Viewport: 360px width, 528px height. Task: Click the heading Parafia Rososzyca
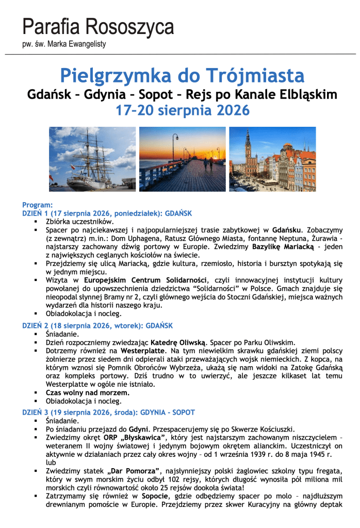[x=98, y=26]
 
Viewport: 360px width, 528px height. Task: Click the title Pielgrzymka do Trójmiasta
[x=182, y=75]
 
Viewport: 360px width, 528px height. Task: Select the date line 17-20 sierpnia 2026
[x=182, y=110]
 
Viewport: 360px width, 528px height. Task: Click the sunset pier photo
[x=183, y=159]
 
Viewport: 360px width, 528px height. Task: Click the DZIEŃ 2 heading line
[x=97, y=325]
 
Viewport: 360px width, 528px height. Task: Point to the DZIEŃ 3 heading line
[x=108, y=412]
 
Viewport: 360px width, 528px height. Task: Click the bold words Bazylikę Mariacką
[x=284, y=247]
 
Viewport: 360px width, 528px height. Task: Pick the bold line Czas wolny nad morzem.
[x=87, y=392]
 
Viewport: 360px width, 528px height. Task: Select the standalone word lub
[x=51, y=462]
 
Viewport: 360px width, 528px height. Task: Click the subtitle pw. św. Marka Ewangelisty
[x=64, y=44]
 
